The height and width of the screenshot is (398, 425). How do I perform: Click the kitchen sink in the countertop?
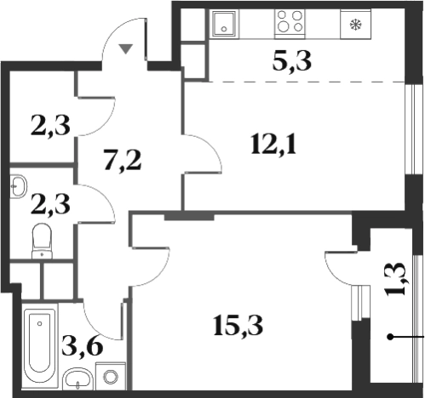224,23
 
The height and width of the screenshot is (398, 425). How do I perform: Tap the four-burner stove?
290,23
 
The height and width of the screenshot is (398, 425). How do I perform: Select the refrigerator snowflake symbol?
356,25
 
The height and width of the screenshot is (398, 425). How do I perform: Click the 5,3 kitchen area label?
292,61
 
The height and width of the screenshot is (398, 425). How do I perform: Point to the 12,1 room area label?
273,145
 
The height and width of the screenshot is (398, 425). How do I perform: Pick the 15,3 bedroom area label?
238,325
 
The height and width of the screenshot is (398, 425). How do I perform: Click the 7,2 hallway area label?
123,161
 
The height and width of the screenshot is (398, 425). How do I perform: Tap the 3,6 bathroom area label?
83,347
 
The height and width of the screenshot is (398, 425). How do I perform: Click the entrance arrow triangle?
126,48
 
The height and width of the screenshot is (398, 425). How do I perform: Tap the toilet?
42,241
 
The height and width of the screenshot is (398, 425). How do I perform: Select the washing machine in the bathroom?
111,376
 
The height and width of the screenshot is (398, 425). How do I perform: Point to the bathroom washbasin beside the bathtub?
78,379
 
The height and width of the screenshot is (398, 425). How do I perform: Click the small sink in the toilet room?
18,186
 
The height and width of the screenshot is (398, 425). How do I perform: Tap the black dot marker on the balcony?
390,337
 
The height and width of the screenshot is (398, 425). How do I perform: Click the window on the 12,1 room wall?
411,129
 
